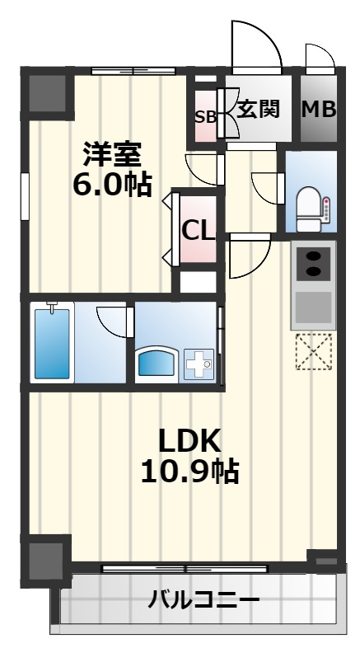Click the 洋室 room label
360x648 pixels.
(x=112, y=154)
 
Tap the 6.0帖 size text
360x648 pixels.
(x=112, y=185)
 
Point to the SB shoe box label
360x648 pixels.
(x=204, y=117)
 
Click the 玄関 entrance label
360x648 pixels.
(x=259, y=109)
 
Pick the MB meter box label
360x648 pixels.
(x=318, y=109)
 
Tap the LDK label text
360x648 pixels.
(x=191, y=440)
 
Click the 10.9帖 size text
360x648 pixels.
(x=191, y=472)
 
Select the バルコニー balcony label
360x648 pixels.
(x=203, y=599)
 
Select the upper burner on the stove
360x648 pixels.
(x=314, y=257)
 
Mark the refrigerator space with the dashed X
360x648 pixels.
(x=313, y=352)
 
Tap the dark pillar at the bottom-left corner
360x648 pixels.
(x=46, y=558)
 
